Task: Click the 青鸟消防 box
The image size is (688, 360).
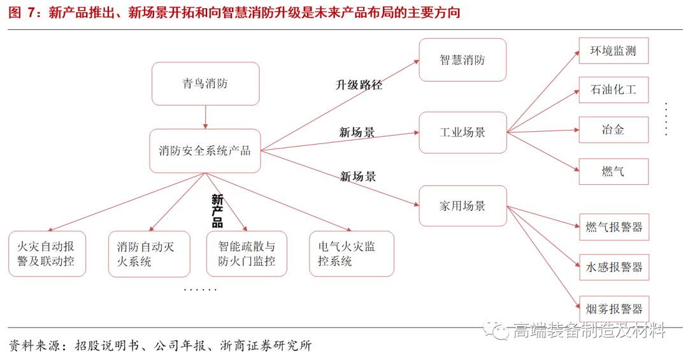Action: pos(205,83)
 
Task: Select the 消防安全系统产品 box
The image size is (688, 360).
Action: pos(205,151)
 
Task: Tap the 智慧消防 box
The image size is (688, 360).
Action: pos(462,60)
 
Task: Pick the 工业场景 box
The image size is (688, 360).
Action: pos(462,133)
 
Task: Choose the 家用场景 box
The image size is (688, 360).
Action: pos(462,206)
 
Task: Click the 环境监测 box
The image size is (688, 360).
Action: pos(613,51)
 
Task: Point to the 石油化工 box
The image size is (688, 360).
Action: pos(613,90)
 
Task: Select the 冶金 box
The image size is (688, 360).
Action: pos(613,130)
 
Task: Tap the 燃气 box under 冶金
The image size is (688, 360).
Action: pos(613,171)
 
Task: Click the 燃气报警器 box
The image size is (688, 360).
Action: pos(613,227)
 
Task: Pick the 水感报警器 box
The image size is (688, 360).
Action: pos(613,267)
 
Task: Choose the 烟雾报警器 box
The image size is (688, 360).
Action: pos(613,309)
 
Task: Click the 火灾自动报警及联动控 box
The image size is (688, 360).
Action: pos(47,254)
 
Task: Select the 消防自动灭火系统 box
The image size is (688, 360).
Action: pos(149,254)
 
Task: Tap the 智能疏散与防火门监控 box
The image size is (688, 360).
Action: pos(247,254)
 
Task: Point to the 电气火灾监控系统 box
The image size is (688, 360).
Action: pos(351,254)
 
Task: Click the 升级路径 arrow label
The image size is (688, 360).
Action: pos(359,85)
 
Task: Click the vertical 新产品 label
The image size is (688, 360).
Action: pos(217,211)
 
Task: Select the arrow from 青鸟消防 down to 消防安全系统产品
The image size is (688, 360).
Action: pos(206,117)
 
